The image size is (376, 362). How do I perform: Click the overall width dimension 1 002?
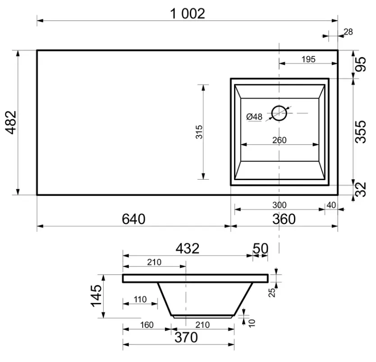[x=188, y=14]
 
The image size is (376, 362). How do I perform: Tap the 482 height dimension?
[x=11, y=122]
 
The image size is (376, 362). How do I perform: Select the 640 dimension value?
[x=133, y=219]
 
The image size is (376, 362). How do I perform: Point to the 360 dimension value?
[x=284, y=219]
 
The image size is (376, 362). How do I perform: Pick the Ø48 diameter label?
[x=254, y=117]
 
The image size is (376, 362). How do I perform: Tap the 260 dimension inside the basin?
[x=280, y=140]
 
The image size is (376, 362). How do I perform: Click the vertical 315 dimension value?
[x=199, y=132]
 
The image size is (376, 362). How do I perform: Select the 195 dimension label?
[x=308, y=59]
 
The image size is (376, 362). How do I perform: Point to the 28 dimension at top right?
[x=348, y=32]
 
